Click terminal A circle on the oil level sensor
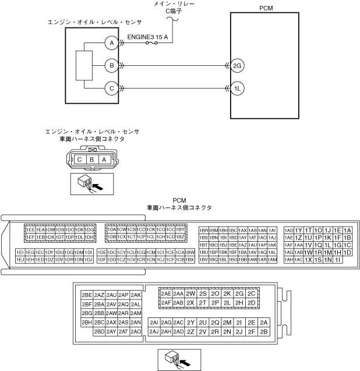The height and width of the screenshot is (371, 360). tap(110, 43)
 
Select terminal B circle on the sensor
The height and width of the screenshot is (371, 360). tap(110, 65)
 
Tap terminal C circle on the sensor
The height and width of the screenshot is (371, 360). tap(110, 89)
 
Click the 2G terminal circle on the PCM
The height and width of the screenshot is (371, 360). tap(237, 65)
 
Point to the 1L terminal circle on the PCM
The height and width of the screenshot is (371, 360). tap(237, 89)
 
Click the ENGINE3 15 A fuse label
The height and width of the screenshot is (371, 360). tap(148, 37)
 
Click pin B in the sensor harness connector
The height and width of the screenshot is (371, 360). tap(91, 159)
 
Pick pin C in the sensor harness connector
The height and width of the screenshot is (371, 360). tap(80, 159)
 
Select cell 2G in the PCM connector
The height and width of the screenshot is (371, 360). tap(240, 294)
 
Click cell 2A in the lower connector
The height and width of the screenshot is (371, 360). tap(264, 323)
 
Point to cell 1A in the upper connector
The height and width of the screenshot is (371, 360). tap(347, 230)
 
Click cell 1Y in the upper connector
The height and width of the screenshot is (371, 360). tap(299, 230)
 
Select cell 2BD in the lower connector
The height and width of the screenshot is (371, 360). tap(99, 331)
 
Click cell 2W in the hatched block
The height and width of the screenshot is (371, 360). tap(190, 294)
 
